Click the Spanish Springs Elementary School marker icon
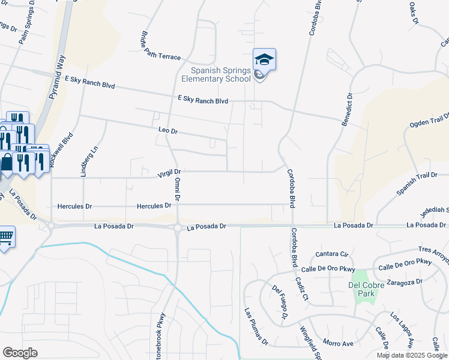264,60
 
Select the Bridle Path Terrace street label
160,46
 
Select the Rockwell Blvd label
70,149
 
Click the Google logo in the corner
20,353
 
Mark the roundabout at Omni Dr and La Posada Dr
178,227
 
